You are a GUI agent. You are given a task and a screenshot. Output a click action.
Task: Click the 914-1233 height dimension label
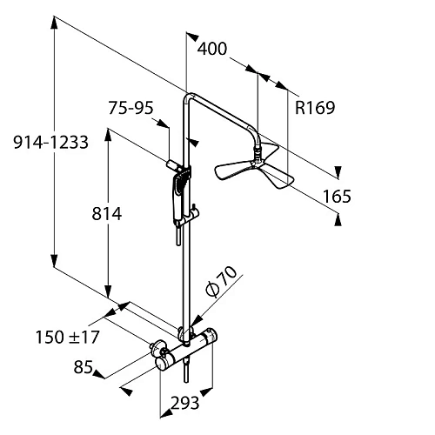[50, 143]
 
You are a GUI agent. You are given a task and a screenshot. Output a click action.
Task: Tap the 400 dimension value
[212, 49]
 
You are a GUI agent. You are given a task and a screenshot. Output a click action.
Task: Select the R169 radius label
[315, 108]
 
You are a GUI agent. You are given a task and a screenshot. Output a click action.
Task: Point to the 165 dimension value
[337, 197]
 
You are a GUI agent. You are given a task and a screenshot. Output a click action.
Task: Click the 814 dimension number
[107, 214]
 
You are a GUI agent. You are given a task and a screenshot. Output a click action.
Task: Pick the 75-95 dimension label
[130, 108]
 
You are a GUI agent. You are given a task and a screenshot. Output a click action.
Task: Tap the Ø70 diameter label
[221, 281]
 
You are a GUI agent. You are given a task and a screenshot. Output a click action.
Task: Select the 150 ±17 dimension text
[68, 337]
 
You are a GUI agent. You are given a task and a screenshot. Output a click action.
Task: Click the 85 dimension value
[84, 367]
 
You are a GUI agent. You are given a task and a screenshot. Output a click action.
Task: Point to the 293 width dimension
[184, 403]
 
